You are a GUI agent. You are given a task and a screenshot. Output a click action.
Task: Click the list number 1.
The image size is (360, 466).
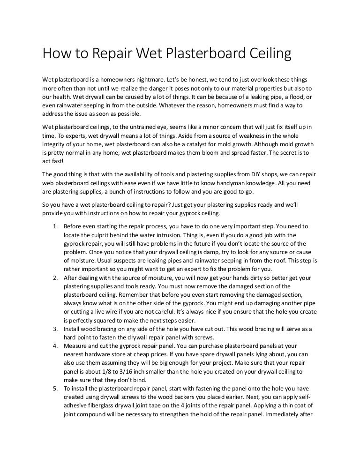tap(55, 226)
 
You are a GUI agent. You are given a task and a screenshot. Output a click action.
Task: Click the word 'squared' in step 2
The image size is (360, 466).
tap(102, 320)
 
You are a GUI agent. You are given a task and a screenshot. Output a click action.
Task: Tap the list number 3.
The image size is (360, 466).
tap(55, 329)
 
